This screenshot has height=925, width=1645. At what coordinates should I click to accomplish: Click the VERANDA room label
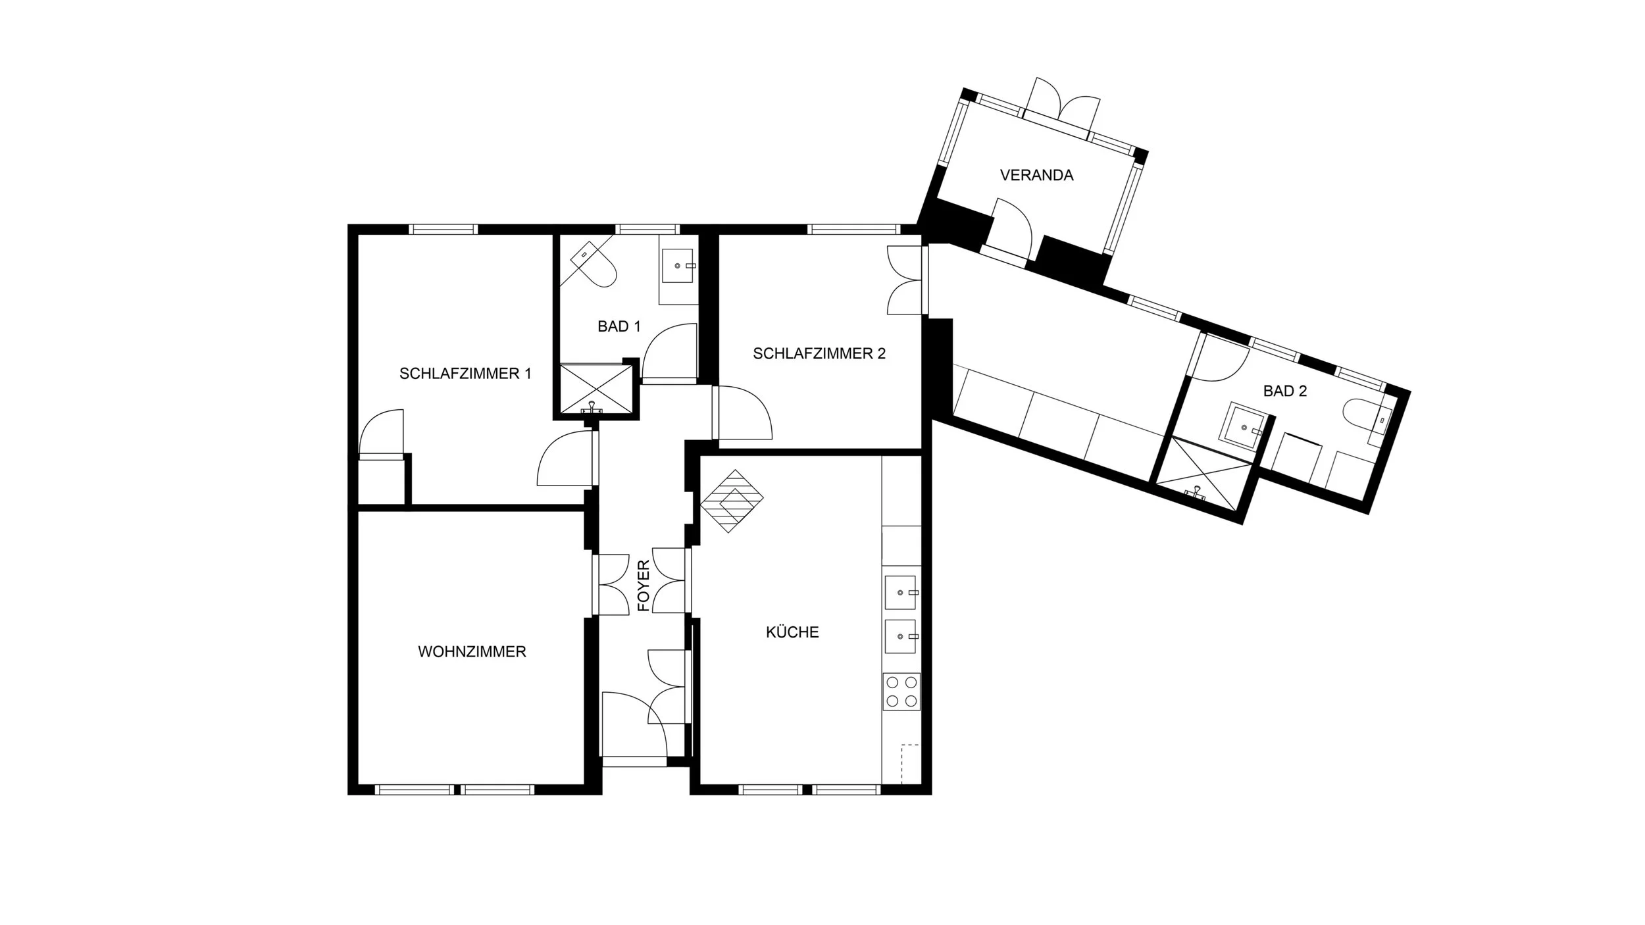pyautogui.click(x=1036, y=175)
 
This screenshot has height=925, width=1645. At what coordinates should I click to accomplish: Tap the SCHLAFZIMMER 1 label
pyautogui.click(x=465, y=374)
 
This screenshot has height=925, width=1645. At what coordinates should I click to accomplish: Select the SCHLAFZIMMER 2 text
pyautogui.click(x=819, y=353)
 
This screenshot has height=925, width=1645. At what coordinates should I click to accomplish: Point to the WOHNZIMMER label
pyautogui.click(x=472, y=652)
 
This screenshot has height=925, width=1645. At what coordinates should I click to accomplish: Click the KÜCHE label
pyautogui.click(x=792, y=632)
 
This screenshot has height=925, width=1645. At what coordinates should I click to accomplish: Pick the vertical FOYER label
pyautogui.click(x=644, y=586)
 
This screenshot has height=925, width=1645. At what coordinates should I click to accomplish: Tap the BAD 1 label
pyautogui.click(x=619, y=326)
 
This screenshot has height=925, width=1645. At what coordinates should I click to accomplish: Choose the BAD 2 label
pyautogui.click(x=1285, y=391)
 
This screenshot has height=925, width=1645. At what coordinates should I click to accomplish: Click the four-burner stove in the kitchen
pyautogui.click(x=901, y=691)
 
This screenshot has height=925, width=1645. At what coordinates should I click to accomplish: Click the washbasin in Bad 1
pyautogui.click(x=678, y=266)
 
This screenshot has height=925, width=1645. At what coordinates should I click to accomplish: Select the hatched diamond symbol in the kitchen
pyautogui.click(x=730, y=501)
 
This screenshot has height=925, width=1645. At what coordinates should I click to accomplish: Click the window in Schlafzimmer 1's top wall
pyautogui.click(x=443, y=229)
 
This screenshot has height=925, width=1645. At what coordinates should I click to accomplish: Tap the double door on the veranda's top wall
pyautogui.click(x=1061, y=113)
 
